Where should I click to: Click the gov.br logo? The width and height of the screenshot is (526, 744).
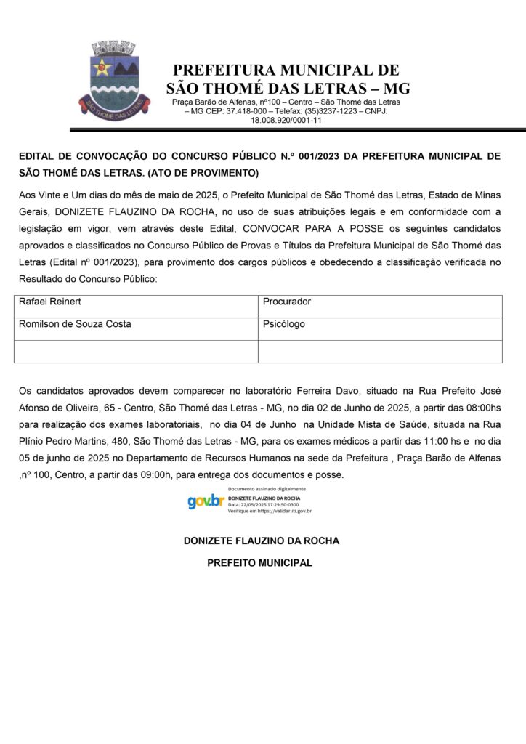[206, 501]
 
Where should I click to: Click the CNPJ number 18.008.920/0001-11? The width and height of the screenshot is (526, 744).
[286, 121]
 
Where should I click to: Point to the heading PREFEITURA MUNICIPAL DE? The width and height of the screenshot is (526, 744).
[286, 70]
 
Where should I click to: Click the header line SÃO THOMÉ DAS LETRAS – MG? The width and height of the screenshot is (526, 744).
[288, 89]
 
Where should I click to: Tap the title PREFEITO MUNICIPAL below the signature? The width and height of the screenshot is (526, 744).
[260, 562]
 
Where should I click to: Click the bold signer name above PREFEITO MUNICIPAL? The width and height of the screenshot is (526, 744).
[262, 541]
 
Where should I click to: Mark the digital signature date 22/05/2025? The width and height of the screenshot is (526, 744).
[251, 504]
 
